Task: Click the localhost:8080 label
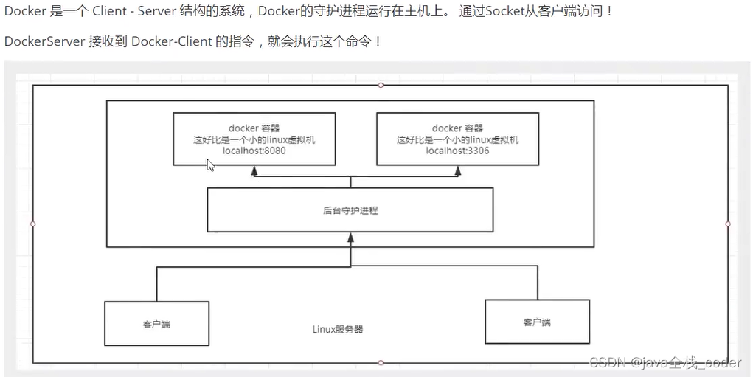(x=254, y=151)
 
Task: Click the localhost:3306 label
(x=457, y=151)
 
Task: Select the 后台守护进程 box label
(x=350, y=210)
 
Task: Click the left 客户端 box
(x=156, y=324)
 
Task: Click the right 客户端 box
(x=537, y=322)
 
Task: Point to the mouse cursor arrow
(x=209, y=165)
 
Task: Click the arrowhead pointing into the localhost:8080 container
(x=254, y=170)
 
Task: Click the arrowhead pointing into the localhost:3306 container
(x=458, y=170)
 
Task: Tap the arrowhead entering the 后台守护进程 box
(x=350, y=238)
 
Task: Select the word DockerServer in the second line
(x=44, y=41)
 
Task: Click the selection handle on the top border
(x=381, y=85)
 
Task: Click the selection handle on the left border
(x=33, y=223)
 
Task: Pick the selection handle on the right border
(x=728, y=223)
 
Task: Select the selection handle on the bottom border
(x=381, y=362)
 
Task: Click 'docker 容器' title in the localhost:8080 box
(x=254, y=128)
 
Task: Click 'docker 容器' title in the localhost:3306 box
(x=457, y=128)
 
